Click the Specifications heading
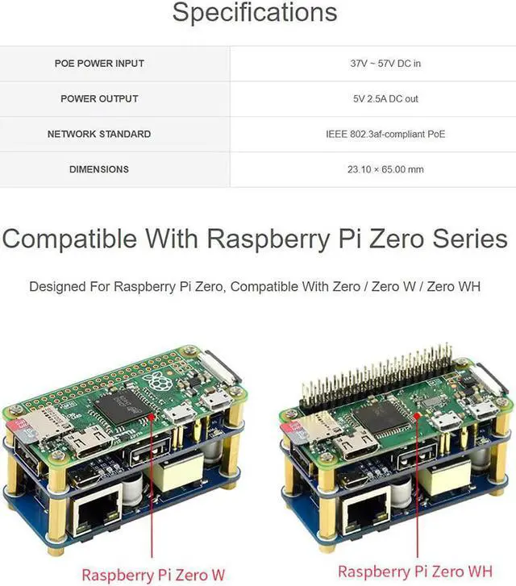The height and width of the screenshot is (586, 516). [x=255, y=13]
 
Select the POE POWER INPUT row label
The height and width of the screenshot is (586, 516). [x=99, y=63]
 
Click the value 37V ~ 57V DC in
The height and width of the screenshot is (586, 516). [x=385, y=63]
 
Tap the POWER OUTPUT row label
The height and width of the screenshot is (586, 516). [x=99, y=98]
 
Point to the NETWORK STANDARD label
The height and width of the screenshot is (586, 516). [x=99, y=134]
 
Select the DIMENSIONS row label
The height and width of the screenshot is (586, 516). [x=99, y=169]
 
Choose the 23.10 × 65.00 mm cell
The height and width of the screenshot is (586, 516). [x=385, y=169]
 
